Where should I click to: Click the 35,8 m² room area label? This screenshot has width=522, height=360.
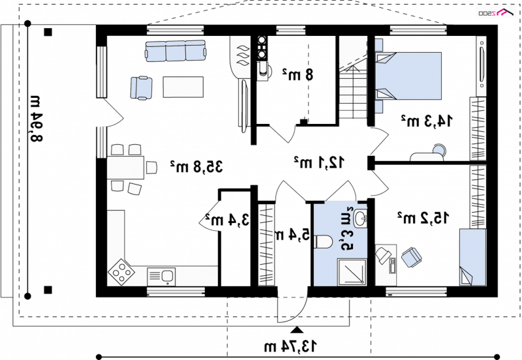click(x=196, y=166)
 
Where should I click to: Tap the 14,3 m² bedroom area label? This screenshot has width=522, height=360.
click(x=427, y=121)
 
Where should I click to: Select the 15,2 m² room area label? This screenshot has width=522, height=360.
click(x=423, y=218)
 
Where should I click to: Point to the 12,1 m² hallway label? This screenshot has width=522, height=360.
click(x=319, y=162)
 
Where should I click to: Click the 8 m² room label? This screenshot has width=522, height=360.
click(x=298, y=74)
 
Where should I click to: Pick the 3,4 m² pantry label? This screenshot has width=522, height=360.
click(x=227, y=220)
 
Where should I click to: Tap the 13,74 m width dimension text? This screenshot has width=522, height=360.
click(x=290, y=346)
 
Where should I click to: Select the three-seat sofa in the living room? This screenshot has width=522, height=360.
click(x=176, y=51)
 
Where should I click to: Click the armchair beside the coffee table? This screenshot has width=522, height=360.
click(x=142, y=88)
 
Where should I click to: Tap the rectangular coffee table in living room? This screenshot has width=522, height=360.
click(x=183, y=87)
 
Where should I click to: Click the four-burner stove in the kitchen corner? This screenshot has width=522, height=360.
click(x=121, y=272)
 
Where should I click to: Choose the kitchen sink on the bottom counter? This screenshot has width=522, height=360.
click(x=161, y=276)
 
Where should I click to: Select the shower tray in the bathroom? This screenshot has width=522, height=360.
click(x=352, y=272)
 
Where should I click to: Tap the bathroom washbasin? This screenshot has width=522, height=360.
click(x=361, y=218)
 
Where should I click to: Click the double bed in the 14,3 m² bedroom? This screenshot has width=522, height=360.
click(x=408, y=76)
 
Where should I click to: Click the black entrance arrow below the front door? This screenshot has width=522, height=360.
click(x=297, y=330)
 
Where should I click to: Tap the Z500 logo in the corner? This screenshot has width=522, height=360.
click(x=496, y=12)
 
